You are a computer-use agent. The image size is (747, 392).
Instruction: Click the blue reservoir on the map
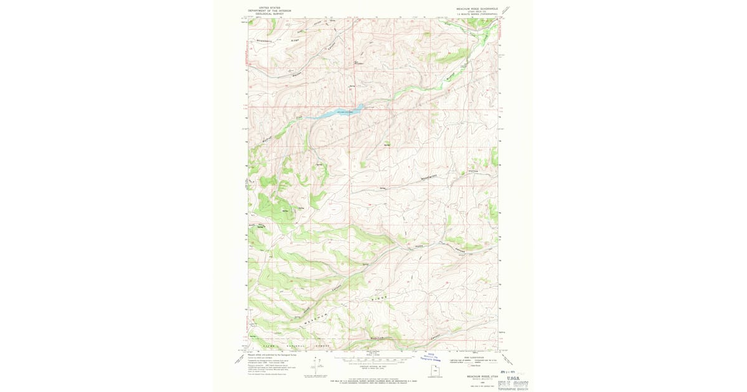[341, 113]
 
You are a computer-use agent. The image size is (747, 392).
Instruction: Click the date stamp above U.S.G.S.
[517, 371]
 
